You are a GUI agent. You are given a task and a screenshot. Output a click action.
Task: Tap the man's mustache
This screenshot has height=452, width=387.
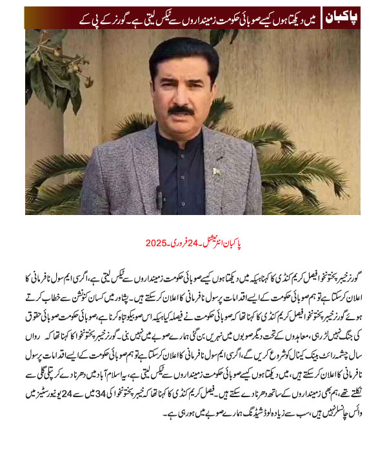(183, 112)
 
